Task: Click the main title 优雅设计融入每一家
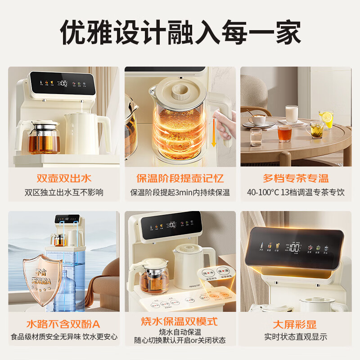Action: click(180, 32)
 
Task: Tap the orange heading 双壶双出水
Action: click(63, 178)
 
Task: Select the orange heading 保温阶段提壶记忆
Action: click(180, 178)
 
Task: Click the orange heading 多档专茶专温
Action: click(296, 178)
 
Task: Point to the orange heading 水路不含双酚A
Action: click(63, 323)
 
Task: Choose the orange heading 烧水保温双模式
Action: click(180, 321)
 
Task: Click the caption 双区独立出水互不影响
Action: click(63, 193)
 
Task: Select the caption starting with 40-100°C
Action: click(296, 193)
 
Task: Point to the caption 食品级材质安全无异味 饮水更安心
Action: click(63, 336)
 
